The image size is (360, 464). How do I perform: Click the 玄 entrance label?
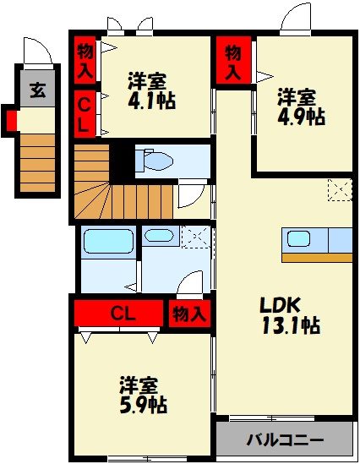point(38,90)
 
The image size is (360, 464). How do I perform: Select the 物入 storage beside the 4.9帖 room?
point(233,62)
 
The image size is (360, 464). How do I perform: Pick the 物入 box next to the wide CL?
point(189,314)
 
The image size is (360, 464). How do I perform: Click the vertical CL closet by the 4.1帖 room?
point(85,114)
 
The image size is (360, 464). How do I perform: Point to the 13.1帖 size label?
point(287,325)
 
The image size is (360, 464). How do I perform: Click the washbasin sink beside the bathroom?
point(157,236)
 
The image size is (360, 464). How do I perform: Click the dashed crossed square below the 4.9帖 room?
point(340,190)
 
